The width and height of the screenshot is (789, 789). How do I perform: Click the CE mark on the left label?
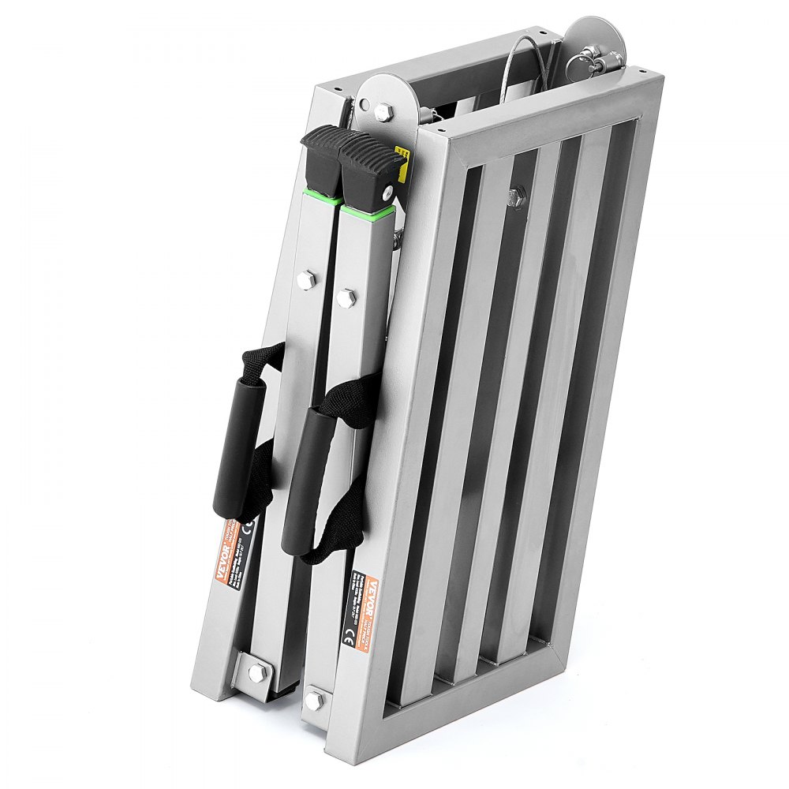pos(250,524)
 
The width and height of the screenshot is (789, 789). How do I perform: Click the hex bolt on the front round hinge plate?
pos(383,111)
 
